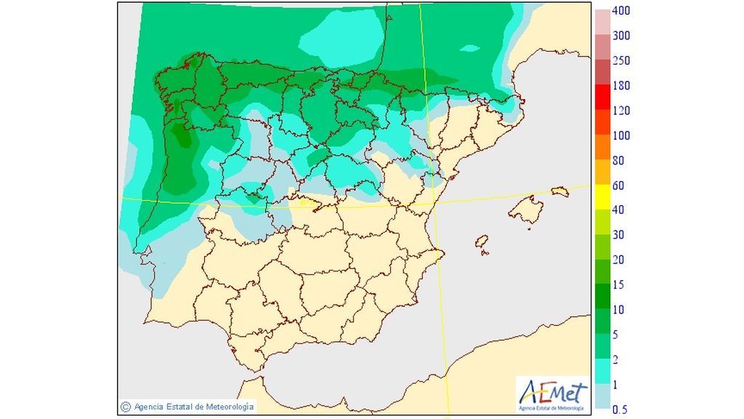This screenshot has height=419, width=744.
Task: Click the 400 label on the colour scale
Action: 621,11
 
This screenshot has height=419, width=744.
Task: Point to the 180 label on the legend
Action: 621,86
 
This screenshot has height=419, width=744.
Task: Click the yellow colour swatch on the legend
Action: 603,185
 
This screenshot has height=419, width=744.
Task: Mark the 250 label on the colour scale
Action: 621,61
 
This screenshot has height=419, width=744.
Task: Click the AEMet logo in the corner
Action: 552,395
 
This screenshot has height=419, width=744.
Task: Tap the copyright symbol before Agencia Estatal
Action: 126,406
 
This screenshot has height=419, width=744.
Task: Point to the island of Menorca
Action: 559,191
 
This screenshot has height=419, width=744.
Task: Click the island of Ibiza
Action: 481,242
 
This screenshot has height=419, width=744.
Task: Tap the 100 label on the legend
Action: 621,136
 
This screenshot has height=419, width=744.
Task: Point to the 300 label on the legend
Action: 621,36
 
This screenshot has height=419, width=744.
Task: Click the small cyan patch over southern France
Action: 471,49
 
